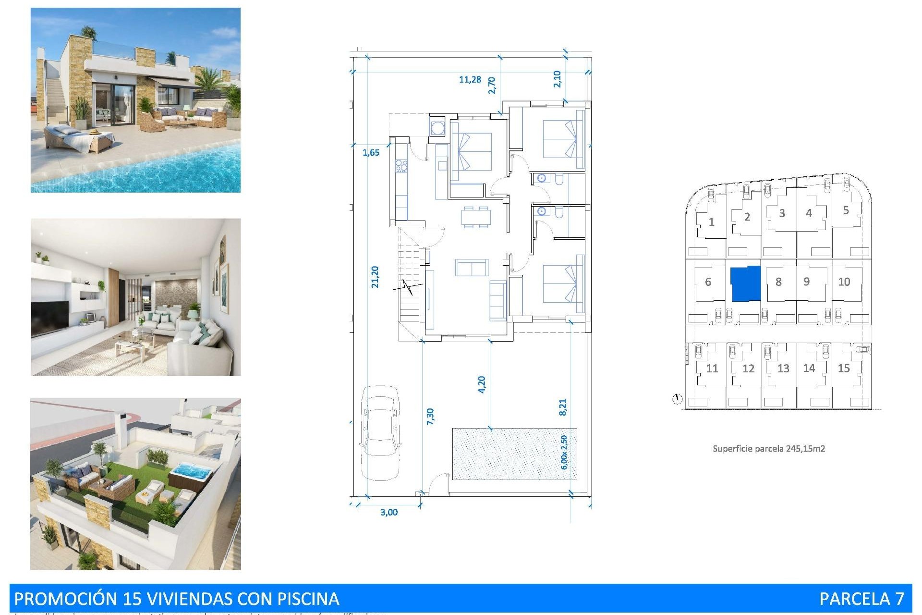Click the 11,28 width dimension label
point(470,79)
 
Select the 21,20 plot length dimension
point(375,277)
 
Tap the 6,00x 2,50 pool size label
point(564,452)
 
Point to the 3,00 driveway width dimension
point(388,512)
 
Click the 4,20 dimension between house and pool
point(482,384)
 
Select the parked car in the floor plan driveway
point(380,432)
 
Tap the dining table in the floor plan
point(476,217)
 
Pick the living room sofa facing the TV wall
point(472,268)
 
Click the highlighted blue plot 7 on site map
point(745,283)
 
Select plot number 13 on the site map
point(783,369)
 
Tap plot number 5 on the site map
point(846,210)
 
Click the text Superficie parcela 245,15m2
point(768,449)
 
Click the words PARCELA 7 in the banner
point(861,599)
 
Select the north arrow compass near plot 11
point(677,399)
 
